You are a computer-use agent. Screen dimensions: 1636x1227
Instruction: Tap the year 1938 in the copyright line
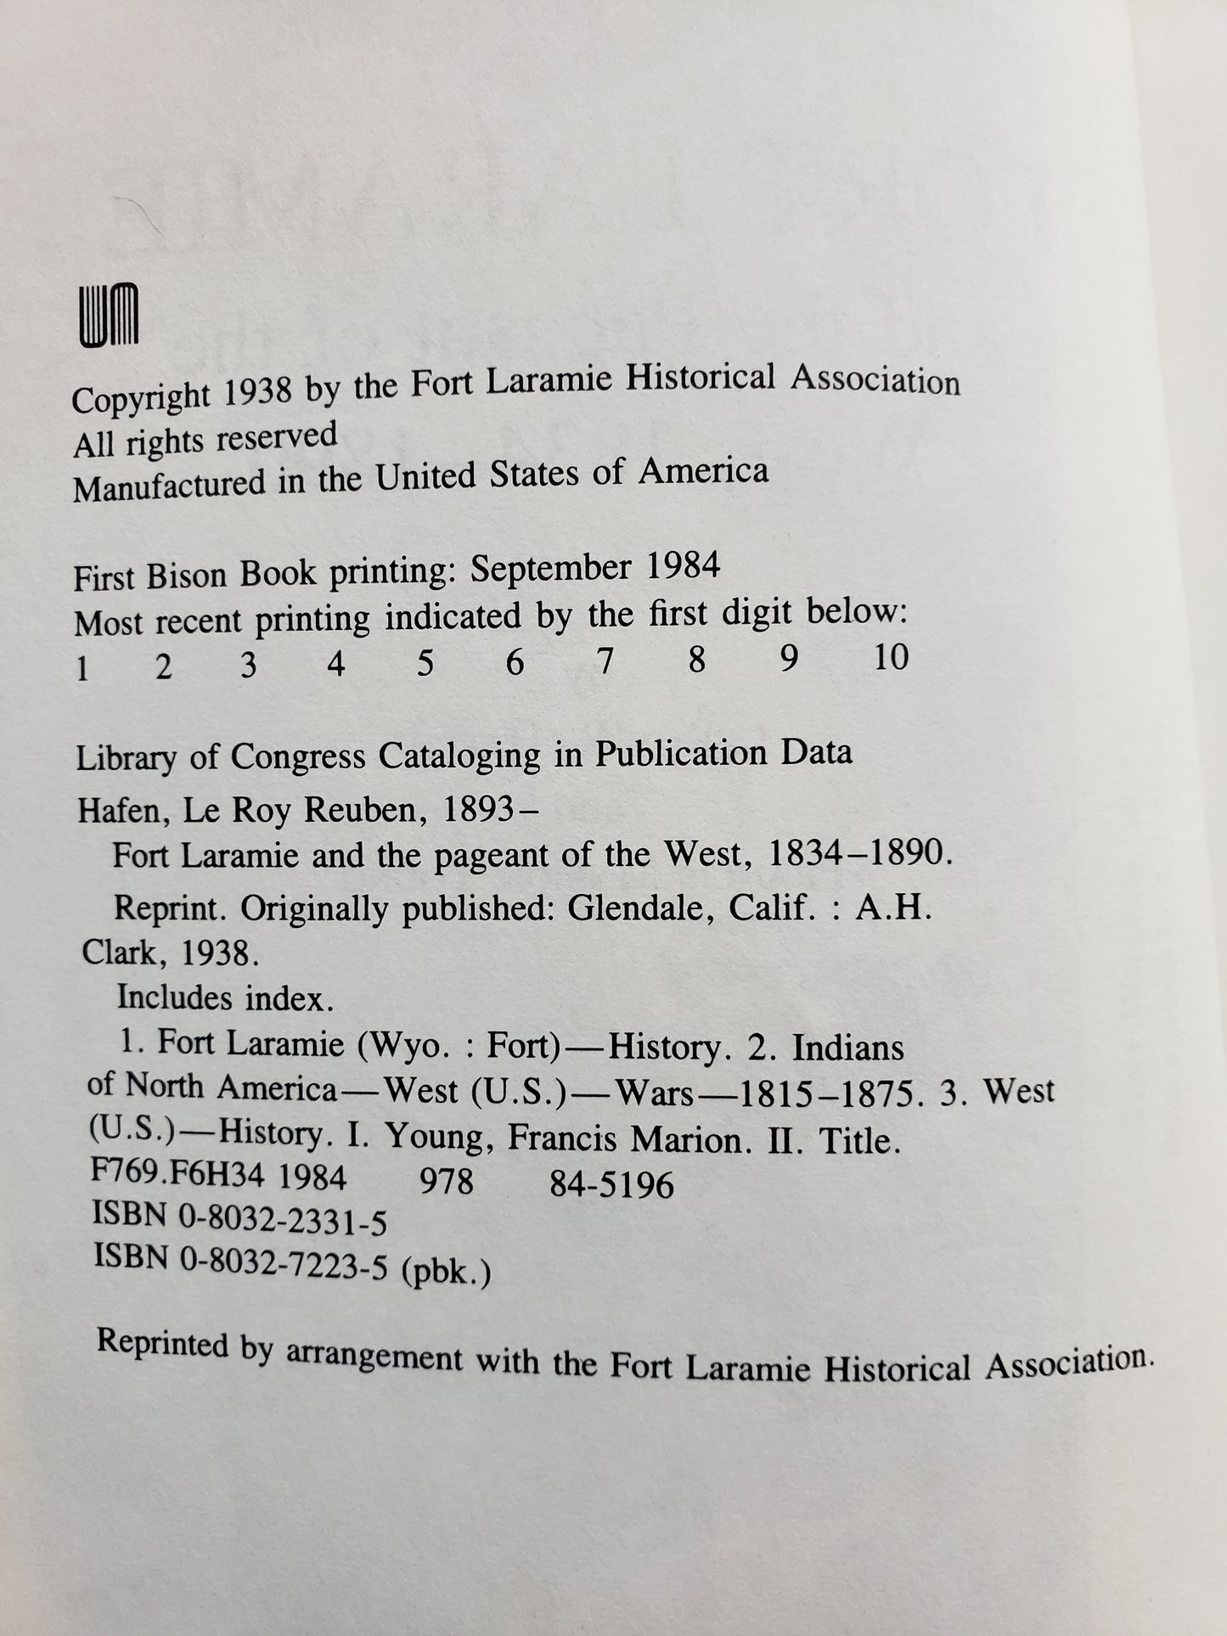click(x=260, y=392)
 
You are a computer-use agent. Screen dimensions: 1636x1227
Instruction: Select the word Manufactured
click(x=169, y=486)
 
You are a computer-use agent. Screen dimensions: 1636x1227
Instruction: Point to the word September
click(x=550, y=568)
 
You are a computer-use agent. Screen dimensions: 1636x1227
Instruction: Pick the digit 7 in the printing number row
click(x=605, y=661)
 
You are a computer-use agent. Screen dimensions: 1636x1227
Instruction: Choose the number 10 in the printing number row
click(x=891, y=657)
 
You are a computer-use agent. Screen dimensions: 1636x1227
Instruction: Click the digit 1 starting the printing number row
click(x=82, y=670)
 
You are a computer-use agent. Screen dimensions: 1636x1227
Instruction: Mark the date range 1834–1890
click(x=858, y=854)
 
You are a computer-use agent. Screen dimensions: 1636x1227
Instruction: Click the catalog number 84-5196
click(x=611, y=1183)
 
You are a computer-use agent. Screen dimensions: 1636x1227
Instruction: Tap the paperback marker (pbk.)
click(x=445, y=1272)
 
